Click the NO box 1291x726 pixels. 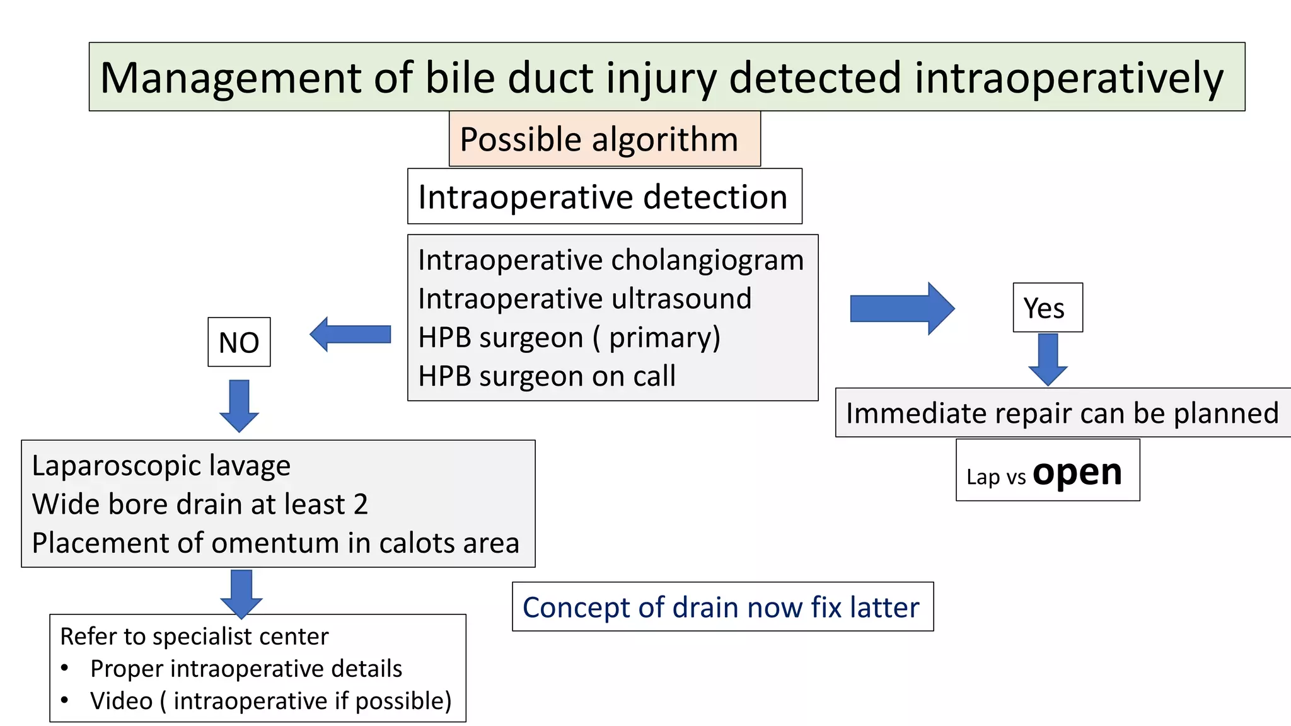click(239, 342)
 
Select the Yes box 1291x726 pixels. click(1047, 308)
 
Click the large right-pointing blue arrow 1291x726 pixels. click(901, 309)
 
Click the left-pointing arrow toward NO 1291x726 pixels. click(350, 334)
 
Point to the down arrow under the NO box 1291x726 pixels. click(239, 405)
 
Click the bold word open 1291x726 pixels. click(1077, 473)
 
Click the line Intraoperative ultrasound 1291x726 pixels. click(584, 299)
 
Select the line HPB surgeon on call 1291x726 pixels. click(547, 376)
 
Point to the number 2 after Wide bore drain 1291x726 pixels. click(361, 504)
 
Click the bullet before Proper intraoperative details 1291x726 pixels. click(65, 668)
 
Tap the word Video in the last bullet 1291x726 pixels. click(121, 701)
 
